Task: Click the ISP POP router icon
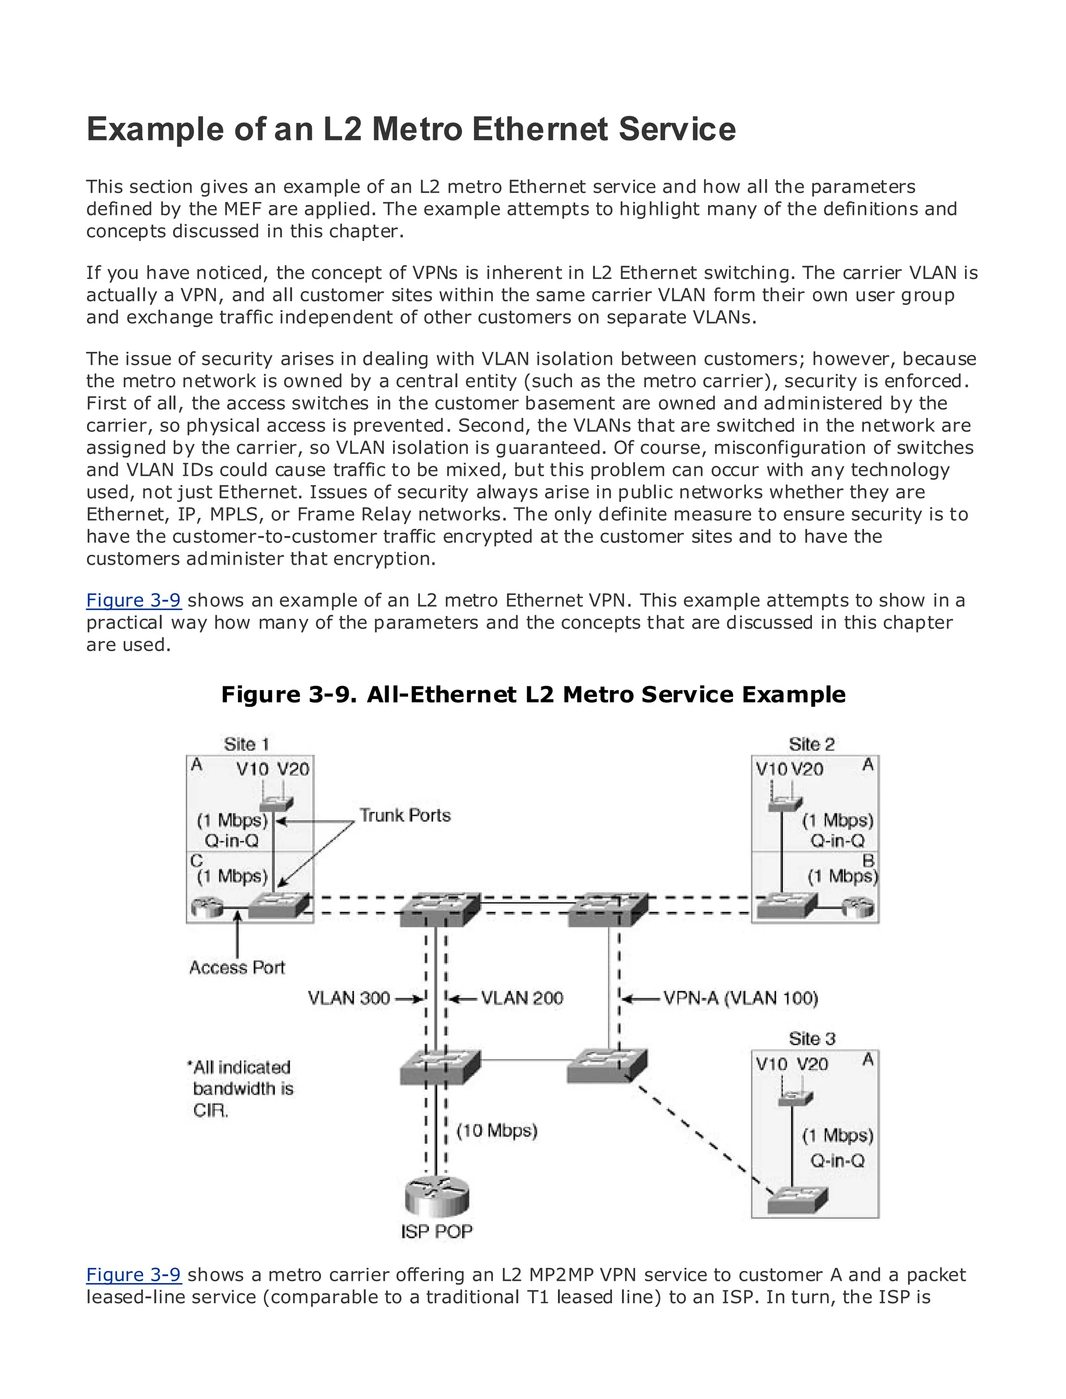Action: coord(437,1195)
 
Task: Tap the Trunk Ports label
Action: coord(405,815)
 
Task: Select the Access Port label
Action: coord(237,968)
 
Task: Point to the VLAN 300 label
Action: coord(349,999)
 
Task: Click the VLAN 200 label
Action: coord(522,999)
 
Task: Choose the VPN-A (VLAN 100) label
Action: coord(741,999)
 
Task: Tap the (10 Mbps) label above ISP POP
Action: coord(497,1130)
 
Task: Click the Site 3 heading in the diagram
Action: coord(811,1039)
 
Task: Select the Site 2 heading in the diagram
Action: coord(811,744)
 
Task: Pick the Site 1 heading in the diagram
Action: coord(246,744)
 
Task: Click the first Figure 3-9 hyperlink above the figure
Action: coord(133,600)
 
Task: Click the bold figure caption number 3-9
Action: coord(333,695)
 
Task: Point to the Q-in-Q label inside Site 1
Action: coord(231,841)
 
